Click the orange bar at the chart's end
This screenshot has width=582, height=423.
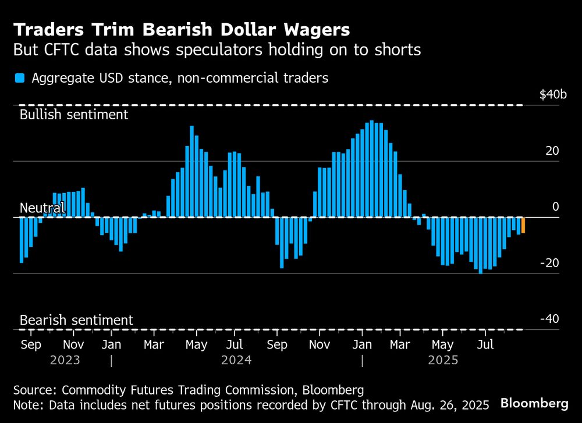coord(523,225)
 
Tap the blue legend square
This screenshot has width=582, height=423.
coord(20,78)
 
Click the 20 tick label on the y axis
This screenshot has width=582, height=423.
coord(552,151)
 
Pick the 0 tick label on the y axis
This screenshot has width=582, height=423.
coord(555,207)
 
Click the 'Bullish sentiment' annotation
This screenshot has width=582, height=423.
coord(74,114)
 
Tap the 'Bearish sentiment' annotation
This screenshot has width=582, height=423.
coord(76,320)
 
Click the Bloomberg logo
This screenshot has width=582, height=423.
coord(534,403)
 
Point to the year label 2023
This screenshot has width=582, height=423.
coord(65,360)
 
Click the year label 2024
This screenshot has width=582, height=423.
coord(236,360)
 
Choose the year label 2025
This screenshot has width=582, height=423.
coord(443,360)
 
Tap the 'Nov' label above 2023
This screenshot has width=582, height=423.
coord(73,344)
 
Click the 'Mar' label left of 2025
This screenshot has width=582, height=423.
coord(399,344)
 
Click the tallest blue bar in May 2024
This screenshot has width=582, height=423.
coord(191,172)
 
